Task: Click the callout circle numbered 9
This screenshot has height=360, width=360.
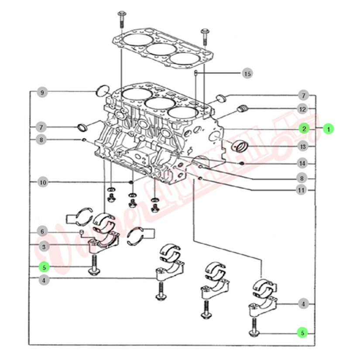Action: tap(42, 93)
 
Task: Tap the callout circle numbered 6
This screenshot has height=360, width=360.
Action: tap(42, 231)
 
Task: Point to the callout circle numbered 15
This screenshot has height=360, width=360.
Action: tap(247, 74)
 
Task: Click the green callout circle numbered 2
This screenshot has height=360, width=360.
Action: tap(303, 129)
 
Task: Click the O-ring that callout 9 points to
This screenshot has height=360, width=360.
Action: tap(102, 91)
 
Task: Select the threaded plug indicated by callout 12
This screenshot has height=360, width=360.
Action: tap(242, 109)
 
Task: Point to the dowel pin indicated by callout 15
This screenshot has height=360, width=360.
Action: tap(197, 75)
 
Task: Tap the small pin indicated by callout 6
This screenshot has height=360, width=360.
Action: tap(81, 230)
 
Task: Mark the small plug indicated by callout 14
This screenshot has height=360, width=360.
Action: tap(241, 164)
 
